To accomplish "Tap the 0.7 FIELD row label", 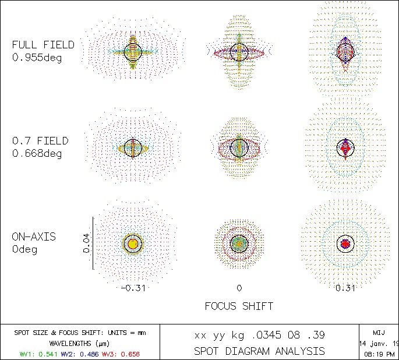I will (x=40, y=141).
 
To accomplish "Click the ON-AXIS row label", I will (x=34, y=237).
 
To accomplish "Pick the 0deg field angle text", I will (x=24, y=249).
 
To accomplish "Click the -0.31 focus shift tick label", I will (x=133, y=288).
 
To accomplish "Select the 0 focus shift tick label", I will (x=239, y=288).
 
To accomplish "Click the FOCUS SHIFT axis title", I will (x=239, y=306).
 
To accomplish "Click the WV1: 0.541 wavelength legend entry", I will (x=36, y=353).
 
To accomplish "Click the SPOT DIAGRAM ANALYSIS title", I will (x=259, y=351).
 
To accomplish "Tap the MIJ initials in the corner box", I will (x=379, y=331).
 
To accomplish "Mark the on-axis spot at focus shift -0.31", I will (x=133, y=243).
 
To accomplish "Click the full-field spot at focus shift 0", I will (x=239, y=51).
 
